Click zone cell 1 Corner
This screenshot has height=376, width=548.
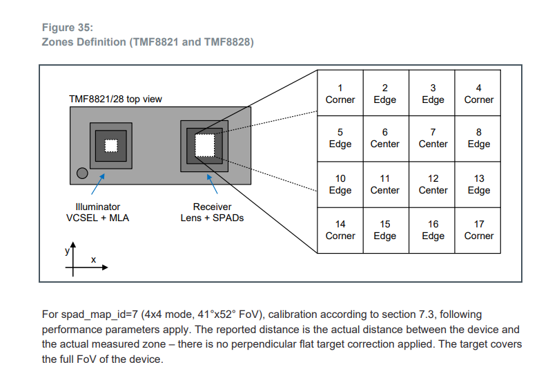click(x=340, y=93)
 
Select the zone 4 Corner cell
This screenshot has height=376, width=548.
click(x=478, y=93)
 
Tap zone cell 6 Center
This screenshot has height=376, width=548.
click(x=385, y=138)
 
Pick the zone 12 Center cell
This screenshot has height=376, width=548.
click(x=433, y=184)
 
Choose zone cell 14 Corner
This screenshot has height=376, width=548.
click(x=340, y=229)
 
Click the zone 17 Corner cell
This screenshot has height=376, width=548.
click(x=478, y=229)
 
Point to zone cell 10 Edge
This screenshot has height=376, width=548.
click(x=340, y=184)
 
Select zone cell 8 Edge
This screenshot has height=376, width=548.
click(x=478, y=138)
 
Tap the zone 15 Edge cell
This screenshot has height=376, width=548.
click(x=385, y=229)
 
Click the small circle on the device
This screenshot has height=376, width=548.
click(x=82, y=173)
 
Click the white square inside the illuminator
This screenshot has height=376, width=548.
click(x=110, y=145)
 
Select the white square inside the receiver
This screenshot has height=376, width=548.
click(x=206, y=145)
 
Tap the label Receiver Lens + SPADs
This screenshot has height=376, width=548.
click(x=213, y=212)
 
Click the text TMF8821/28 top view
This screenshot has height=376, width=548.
click(x=115, y=99)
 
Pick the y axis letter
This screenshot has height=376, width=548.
click(x=68, y=252)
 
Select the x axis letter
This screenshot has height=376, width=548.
click(x=93, y=260)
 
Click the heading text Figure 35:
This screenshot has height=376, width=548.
click(x=68, y=28)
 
